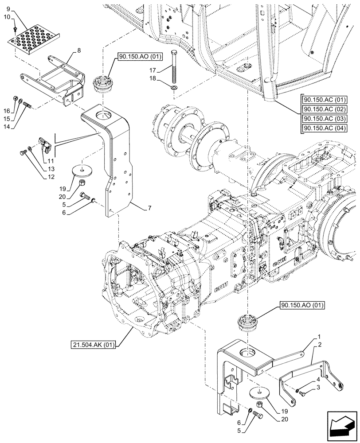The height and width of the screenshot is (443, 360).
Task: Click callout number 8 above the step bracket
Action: pyautogui.click(x=78, y=51)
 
